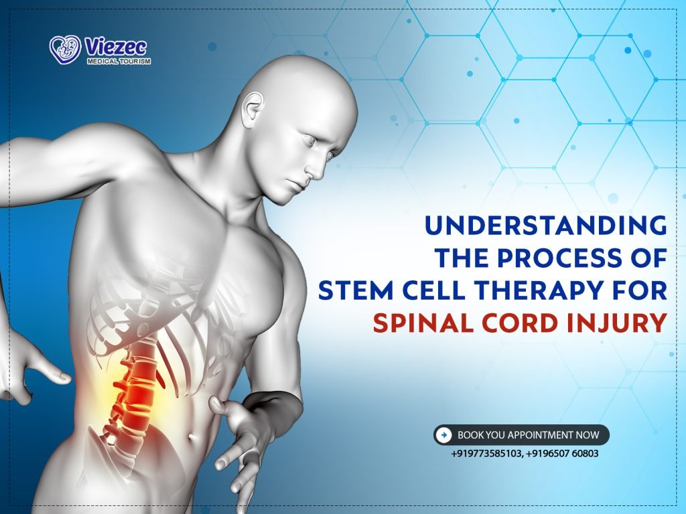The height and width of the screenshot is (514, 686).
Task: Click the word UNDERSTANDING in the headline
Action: click(546, 226)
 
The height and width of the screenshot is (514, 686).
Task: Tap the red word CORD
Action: click(527, 324)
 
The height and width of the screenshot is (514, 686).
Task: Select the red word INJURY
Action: click(624, 324)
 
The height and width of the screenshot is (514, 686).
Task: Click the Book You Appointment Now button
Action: click(521, 435)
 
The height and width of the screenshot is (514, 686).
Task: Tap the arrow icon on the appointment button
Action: click(443, 435)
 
